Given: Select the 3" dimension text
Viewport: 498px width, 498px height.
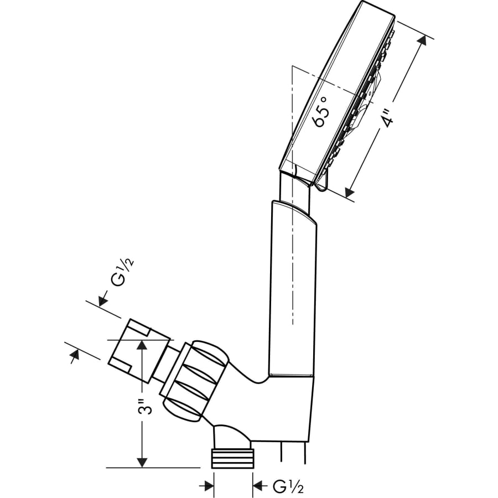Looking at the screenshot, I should (145, 408).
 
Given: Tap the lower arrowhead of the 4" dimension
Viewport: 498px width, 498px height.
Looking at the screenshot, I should (349, 192).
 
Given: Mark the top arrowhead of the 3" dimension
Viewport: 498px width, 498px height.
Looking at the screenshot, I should (142, 344).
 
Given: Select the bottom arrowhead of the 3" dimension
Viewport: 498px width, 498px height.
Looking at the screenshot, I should (142, 463).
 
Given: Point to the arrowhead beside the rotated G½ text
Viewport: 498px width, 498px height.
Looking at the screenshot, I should (102, 301).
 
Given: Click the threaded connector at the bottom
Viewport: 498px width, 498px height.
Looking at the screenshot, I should (233, 458).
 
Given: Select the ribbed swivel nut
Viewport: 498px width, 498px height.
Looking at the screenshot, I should (194, 376).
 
